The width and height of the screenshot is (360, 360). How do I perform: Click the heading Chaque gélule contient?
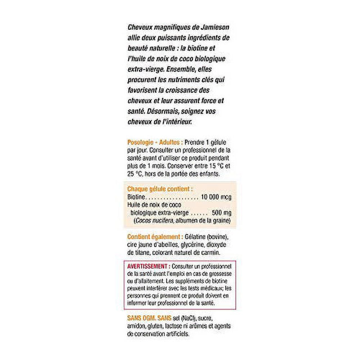pyautogui.click(x=160, y=190)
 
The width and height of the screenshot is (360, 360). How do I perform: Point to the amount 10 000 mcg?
pyautogui.click(x=215, y=198)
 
